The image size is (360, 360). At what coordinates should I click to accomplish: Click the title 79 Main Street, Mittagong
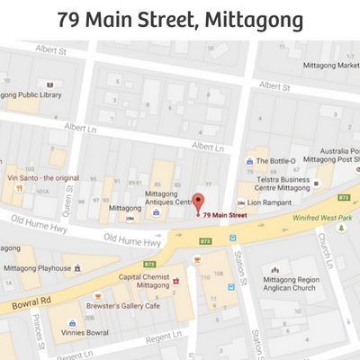(x=180, y=19)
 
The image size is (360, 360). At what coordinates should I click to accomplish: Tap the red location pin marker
(x=200, y=202)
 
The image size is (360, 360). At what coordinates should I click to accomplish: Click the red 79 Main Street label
(x=225, y=216)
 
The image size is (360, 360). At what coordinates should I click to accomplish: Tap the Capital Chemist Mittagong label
(x=144, y=280)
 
